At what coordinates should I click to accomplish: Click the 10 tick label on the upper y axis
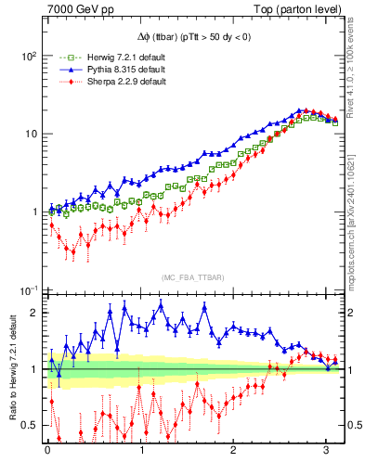point(30,134)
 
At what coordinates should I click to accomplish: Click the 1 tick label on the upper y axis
point(33,212)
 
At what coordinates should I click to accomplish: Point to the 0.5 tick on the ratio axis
point(29,425)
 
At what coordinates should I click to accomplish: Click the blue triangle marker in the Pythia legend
point(60,70)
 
